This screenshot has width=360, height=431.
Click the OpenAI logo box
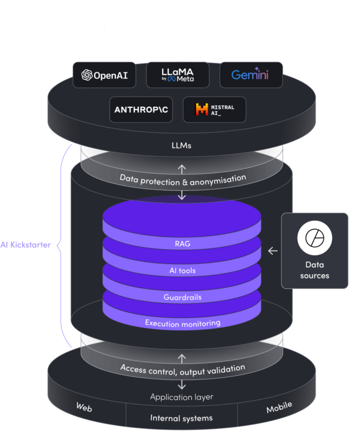click(104, 76)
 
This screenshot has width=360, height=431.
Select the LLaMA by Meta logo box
click(177, 76)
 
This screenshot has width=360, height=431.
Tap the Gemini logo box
click(250, 76)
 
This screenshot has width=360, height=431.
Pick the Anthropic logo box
click(141, 109)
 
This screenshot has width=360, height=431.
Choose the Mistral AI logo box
click(214, 109)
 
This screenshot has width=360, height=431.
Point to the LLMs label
click(181, 145)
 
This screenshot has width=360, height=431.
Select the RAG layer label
click(182, 243)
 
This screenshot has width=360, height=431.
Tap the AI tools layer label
click(182, 270)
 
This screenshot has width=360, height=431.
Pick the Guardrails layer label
click(182, 297)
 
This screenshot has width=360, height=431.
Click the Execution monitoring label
click(182, 323)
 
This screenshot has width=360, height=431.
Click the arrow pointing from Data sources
click(273, 251)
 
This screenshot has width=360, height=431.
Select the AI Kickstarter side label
click(26, 245)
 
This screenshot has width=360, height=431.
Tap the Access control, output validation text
click(182, 368)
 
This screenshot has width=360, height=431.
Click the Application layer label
click(181, 397)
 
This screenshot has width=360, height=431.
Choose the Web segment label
click(84, 407)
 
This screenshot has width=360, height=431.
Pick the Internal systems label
click(181, 418)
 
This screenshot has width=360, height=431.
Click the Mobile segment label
click(279, 408)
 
